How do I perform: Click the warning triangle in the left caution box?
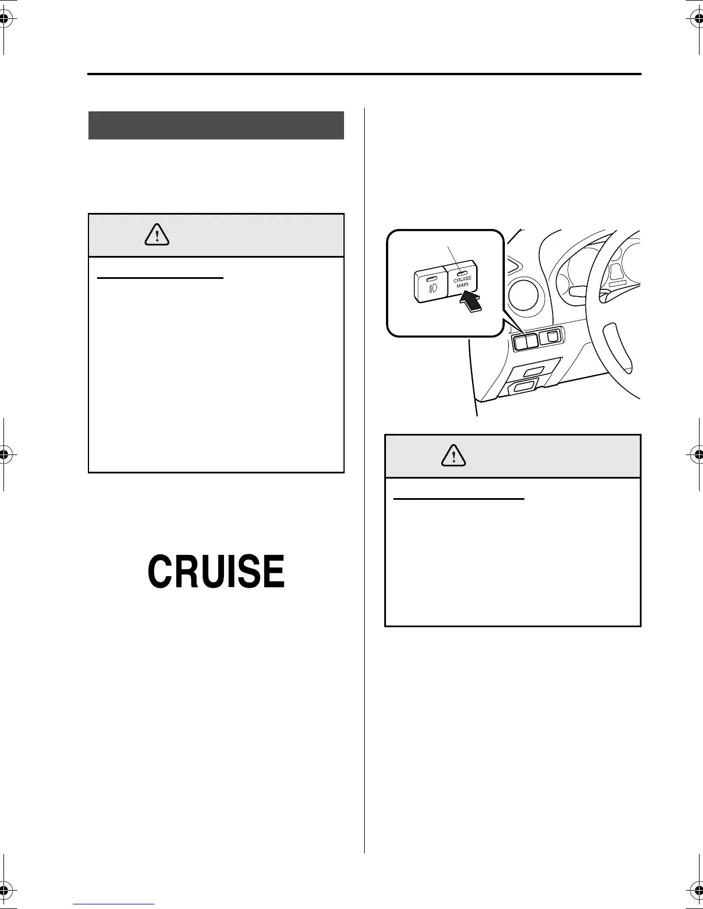click(157, 234)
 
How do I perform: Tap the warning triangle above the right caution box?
click(454, 455)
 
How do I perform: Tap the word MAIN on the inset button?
click(463, 285)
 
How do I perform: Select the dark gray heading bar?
click(216, 125)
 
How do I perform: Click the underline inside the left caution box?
click(160, 278)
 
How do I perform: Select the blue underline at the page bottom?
click(114, 904)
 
